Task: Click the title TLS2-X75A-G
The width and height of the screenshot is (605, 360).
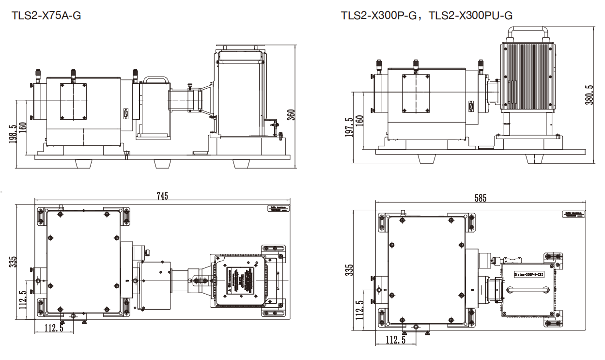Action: point(47,16)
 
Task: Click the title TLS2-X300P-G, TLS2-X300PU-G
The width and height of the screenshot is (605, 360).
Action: point(426,16)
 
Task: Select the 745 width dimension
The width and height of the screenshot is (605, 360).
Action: point(162,196)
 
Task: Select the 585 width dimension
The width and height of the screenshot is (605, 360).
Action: point(480,198)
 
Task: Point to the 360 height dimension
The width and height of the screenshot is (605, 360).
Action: point(291,115)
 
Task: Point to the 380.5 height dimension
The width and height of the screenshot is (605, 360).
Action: point(589,95)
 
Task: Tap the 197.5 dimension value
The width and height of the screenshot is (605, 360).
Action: point(349,127)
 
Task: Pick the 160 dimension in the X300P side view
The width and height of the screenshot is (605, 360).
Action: point(359,120)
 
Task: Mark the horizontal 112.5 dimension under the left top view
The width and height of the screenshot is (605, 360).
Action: point(54,328)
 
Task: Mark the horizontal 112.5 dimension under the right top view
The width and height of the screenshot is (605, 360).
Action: point(396,340)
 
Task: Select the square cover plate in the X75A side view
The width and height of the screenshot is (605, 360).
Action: point(73,101)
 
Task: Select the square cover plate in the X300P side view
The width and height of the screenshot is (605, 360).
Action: point(416,93)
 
